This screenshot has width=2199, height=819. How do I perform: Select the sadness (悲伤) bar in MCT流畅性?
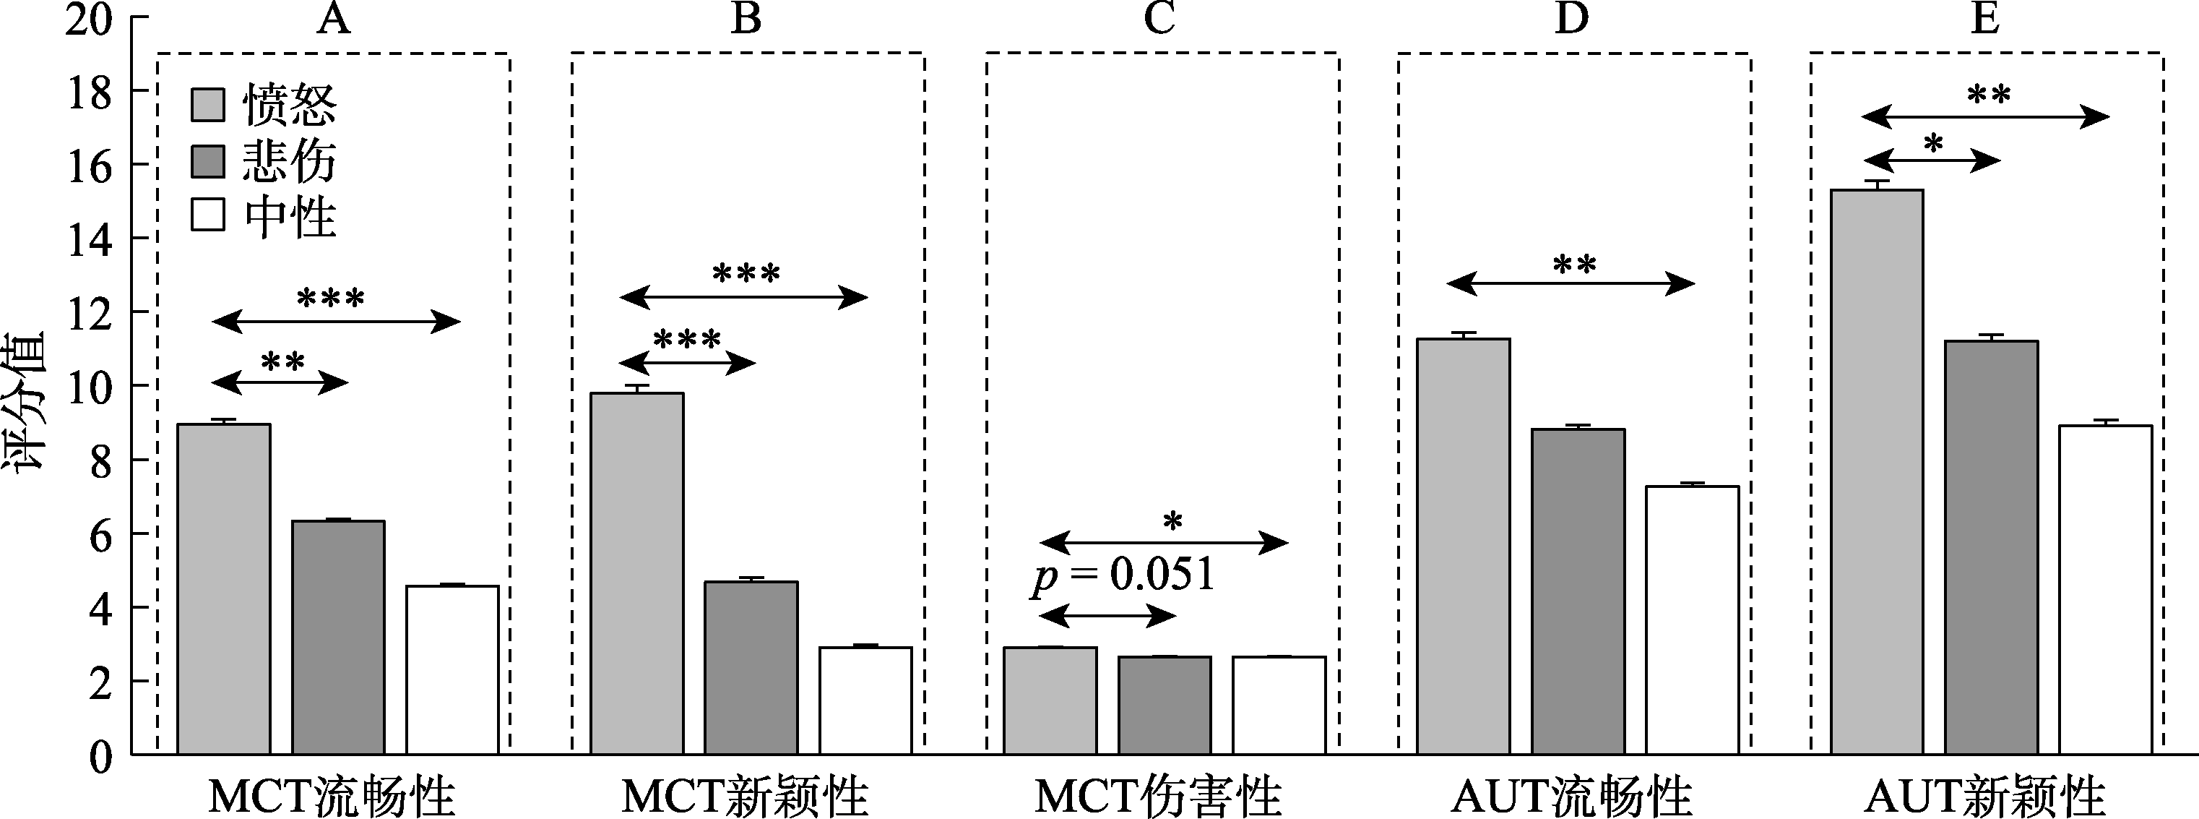[338, 637]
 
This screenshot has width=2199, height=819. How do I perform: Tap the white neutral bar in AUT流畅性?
[1692, 620]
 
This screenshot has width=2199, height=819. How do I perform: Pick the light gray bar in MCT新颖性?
[637, 573]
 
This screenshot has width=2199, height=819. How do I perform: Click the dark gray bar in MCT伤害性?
[1165, 706]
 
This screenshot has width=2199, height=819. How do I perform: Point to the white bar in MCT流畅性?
[452, 669]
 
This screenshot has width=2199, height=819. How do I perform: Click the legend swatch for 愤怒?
[207, 105]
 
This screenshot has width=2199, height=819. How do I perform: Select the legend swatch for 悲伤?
[207, 160]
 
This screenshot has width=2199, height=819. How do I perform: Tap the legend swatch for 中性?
[207, 215]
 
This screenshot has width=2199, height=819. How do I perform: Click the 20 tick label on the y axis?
[89, 20]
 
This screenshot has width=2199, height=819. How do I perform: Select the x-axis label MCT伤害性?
[1159, 796]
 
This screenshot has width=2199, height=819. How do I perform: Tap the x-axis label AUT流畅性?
[1571, 796]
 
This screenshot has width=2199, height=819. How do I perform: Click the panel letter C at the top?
[1159, 19]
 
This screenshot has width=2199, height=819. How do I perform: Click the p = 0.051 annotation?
[1123, 575]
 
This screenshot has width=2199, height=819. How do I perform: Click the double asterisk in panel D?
[1574, 265]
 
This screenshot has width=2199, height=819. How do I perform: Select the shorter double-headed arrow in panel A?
[280, 383]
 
